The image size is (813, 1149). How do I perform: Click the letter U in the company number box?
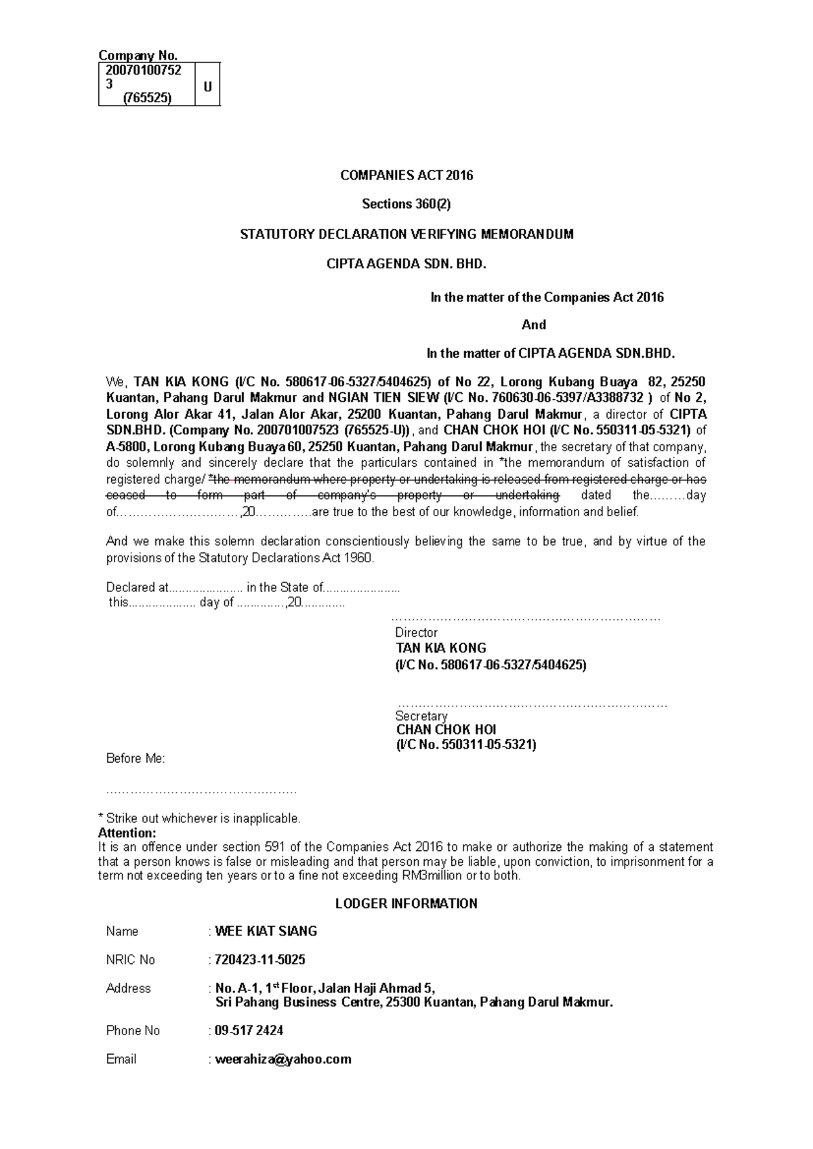click(x=207, y=86)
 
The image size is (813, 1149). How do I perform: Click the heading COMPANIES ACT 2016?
click(x=406, y=175)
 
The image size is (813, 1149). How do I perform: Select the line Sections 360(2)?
click(x=406, y=204)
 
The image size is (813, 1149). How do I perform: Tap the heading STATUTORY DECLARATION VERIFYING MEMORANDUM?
click(x=406, y=234)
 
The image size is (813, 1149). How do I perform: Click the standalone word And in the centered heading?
click(x=534, y=325)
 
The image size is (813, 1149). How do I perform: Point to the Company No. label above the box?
click(x=138, y=56)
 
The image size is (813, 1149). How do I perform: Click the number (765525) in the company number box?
click(x=147, y=98)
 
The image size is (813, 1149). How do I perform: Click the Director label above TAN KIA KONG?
click(x=417, y=633)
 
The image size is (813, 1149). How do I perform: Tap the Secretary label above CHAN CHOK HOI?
click(x=421, y=716)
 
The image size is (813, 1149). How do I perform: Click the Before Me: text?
click(x=135, y=759)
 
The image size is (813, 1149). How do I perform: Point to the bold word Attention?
click(x=127, y=833)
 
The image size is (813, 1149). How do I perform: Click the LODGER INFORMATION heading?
click(x=406, y=904)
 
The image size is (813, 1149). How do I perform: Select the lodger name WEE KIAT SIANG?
click(x=266, y=932)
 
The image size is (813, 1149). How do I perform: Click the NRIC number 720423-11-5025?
click(x=259, y=960)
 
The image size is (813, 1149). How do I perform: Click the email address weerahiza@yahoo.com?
click(x=283, y=1059)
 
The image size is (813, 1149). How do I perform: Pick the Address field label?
click(x=129, y=988)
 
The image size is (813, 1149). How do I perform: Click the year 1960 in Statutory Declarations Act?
click(x=358, y=558)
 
